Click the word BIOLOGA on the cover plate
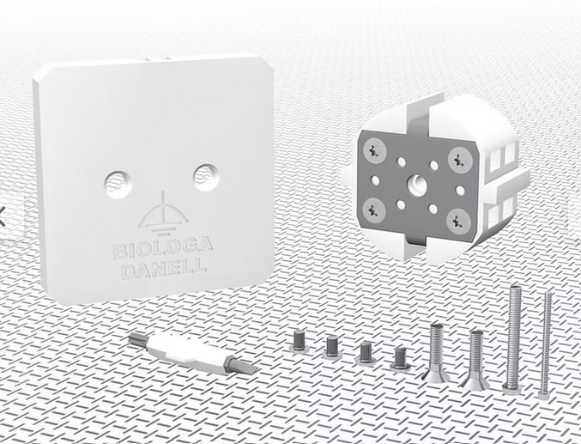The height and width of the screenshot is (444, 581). [163, 247]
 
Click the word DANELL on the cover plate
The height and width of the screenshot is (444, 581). [164, 268]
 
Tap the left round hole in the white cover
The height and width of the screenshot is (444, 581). [118, 184]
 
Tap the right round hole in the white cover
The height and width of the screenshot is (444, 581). [206, 177]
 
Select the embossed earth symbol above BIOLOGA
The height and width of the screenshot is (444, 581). [163, 215]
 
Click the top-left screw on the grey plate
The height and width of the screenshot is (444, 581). [375, 150]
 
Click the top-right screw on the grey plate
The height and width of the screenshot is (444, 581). [460, 159]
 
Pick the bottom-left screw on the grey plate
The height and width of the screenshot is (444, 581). [374, 210]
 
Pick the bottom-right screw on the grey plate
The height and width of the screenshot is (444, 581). [458, 221]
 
